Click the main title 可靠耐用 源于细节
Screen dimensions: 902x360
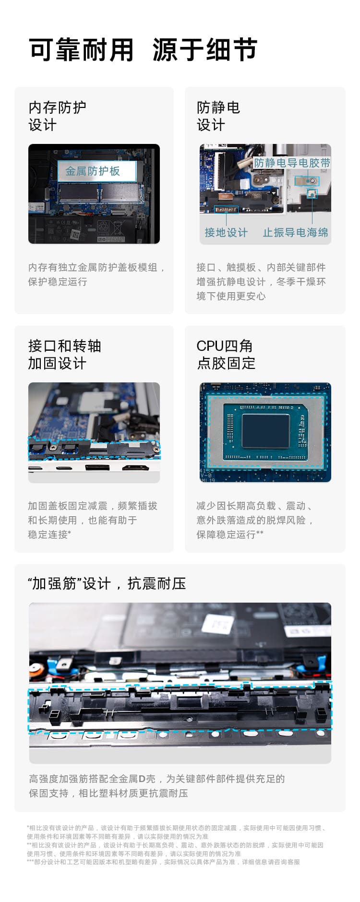click(143, 50)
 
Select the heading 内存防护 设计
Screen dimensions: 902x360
click(57, 116)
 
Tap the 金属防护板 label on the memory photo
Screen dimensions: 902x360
click(93, 171)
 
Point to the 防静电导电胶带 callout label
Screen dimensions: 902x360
click(292, 163)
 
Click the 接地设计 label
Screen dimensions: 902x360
click(226, 233)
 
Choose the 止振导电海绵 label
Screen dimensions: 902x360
click(295, 233)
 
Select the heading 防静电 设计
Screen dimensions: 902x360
click(218, 116)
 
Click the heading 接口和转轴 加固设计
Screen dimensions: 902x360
click(64, 354)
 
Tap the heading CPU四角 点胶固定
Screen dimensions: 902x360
click(226, 354)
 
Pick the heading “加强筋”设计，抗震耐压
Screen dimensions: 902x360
click(107, 583)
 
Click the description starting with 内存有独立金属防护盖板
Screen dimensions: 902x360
click(96, 274)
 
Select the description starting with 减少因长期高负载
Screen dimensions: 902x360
click(254, 520)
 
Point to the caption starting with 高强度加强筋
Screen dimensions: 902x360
click(156, 785)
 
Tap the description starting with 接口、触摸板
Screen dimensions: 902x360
click(261, 282)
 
